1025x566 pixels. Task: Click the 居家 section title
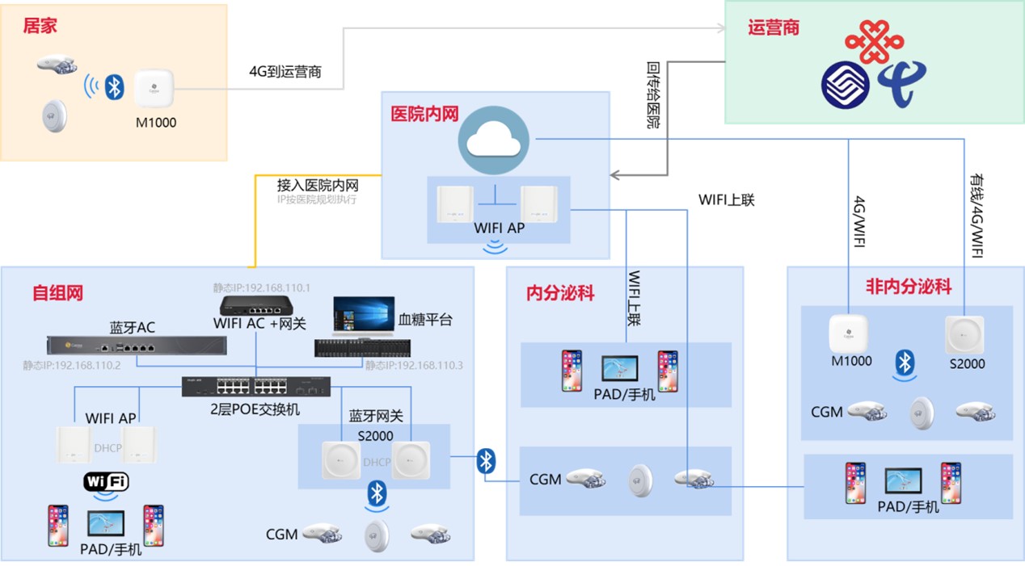click(x=40, y=26)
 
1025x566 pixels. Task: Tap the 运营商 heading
click(x=774, y=27)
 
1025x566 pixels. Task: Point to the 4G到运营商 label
click(x=285, y=71)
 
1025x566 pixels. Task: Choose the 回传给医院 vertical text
click(x=653, y=95)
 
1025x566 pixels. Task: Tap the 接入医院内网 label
click(x=318, y=185)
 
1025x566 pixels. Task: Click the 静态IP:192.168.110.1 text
click(x=262, y=287)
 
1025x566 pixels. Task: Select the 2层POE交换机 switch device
click(x=256, y=387)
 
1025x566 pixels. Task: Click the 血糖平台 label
click(x=425, y=320)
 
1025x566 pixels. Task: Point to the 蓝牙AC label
click(x=133, y=328)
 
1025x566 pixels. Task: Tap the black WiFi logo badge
click(x=106, y=482)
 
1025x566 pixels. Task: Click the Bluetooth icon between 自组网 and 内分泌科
click(x=486, y=461)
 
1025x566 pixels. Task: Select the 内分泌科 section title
click(x=560, y=292)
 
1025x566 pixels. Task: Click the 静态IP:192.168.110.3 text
click(x=413, y=365)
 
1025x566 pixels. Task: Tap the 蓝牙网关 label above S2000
click(x=376, y=417)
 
